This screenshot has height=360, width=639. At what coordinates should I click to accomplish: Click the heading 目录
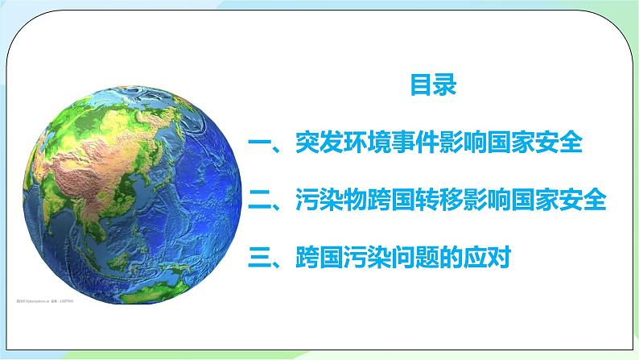click(x=434, y=85)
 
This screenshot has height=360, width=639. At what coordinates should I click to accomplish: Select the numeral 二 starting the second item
click(x=264, y=201)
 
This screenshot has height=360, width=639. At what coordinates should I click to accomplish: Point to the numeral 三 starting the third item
click(x=264, y=258)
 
